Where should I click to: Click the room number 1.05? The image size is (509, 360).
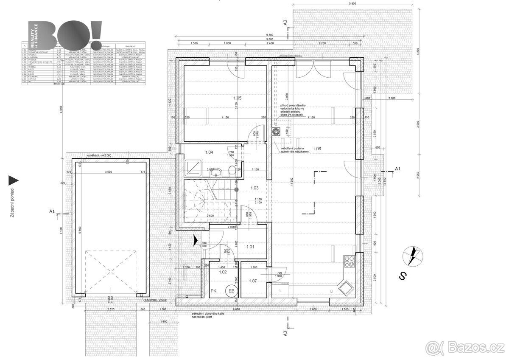[x=237, y=98]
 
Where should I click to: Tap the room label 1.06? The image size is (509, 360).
[x=316, y=149]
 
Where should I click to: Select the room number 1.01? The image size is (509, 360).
[x=250, y=246]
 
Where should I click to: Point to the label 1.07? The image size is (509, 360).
[x=253, y=281]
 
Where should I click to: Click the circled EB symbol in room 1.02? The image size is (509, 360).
[x=232, y=291]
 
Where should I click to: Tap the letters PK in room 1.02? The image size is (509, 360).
[x=214, y=291]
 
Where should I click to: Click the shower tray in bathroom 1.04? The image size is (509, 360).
[x=193, y=169]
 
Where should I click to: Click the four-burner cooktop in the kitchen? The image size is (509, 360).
[x=350, y=261]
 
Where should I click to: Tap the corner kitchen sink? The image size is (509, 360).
[x=345, y=288]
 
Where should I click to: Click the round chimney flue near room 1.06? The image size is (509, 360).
[x=277, y=132]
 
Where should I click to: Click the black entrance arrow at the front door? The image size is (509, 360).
[x=195, y=240]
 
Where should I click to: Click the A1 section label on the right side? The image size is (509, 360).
[x=397, y=169]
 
